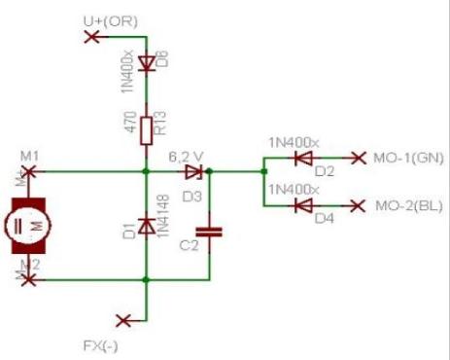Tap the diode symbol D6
pos(146,64)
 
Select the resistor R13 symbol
pos(146,127)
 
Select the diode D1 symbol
pos(146,226)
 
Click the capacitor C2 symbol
pos(210,232)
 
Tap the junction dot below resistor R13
pos(146,171)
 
